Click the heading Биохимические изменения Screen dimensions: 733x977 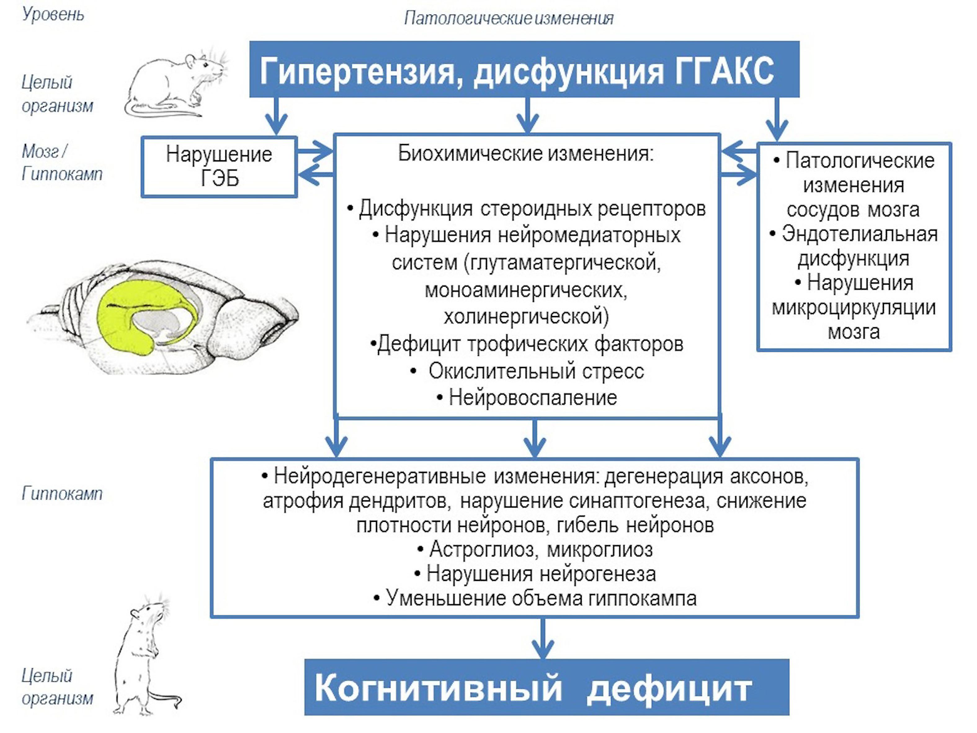click(x=526, y=153)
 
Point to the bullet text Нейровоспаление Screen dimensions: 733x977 click(x=532, y=398)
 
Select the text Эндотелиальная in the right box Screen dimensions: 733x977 click(x=859, y=234)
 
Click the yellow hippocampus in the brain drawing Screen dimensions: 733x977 click(x=119, y=318)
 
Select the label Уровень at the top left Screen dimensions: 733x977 click(x=53, y=15)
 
